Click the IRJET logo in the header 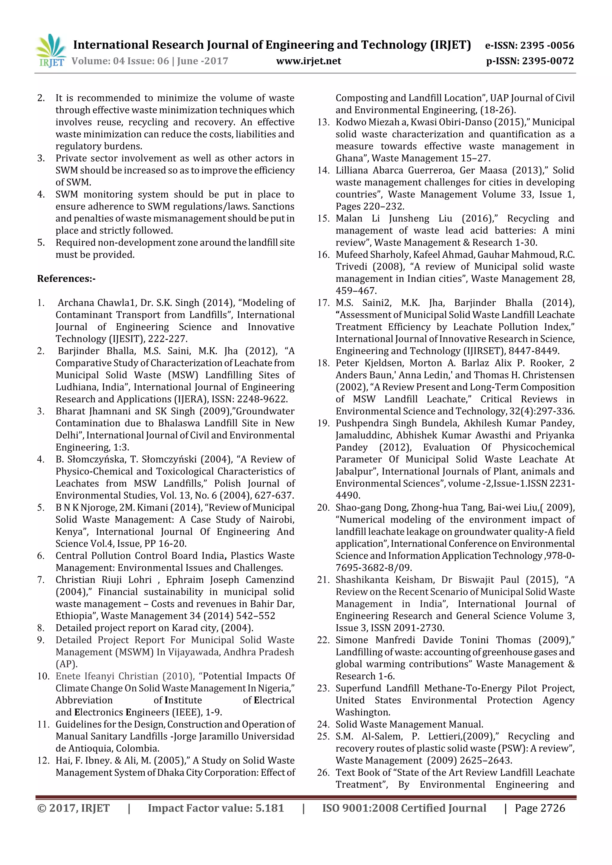click(51, 50)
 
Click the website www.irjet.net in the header click(308, 61)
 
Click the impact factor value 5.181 click(269, 808)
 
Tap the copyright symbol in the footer click(42, 808)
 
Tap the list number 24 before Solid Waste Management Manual click(323, 724)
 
